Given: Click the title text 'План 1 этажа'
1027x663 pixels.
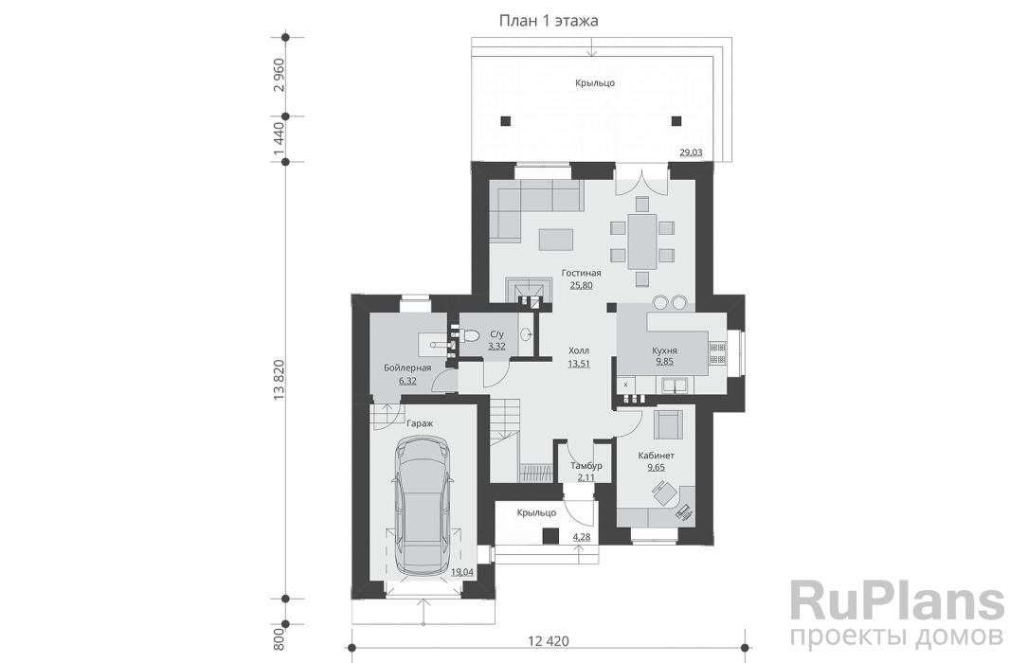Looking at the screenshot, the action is (549, 21).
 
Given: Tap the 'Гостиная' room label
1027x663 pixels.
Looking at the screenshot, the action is (581, 273).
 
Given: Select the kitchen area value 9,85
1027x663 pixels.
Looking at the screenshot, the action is (664, 361).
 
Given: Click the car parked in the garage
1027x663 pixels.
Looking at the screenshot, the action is (423, 508).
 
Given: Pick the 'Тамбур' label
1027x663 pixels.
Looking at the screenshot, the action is (586, 466).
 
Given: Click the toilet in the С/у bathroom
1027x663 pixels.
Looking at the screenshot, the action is (468, 335).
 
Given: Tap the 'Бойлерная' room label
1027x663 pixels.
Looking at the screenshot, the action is (407, 367).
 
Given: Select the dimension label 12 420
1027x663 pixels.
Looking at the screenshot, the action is (548, 641).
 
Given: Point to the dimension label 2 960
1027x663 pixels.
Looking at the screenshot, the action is (279, 76).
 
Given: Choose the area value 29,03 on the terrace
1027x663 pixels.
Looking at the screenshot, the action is (691, 152).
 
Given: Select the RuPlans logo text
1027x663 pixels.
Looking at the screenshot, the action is (896, 602).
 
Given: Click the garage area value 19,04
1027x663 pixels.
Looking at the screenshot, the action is (462, 572).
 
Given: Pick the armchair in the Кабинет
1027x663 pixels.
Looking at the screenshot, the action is (668, 422).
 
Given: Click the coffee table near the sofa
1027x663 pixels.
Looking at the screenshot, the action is (555, 239).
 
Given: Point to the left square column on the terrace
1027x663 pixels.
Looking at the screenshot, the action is (506, 121).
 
